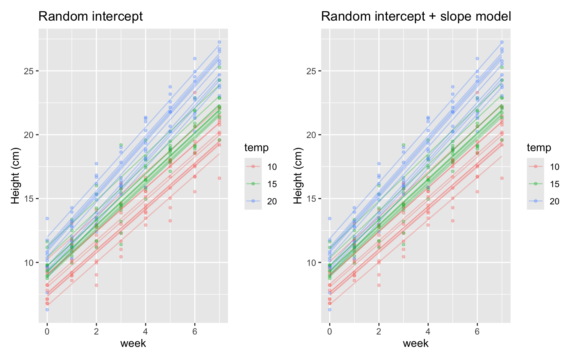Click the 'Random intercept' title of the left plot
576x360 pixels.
(90, 16)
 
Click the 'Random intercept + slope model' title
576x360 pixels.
(416, 16)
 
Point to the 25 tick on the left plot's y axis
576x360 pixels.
(29, 71)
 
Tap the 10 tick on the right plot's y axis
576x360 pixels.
(312, 262)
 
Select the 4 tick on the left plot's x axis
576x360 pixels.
(145, 331)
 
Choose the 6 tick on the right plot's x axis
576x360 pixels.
(477, 331)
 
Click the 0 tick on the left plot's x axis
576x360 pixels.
(47, 331)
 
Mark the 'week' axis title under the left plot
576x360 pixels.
(133, 343)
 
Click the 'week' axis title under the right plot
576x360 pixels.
(415, 343)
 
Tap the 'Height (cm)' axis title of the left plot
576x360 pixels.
(15, 175)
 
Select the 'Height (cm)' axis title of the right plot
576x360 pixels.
(297, 175)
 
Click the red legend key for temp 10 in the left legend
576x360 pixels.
(253, 166)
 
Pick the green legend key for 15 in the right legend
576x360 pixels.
(535, 184)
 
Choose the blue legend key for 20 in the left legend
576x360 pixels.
(253, 201)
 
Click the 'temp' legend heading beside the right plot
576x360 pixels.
(539, 148)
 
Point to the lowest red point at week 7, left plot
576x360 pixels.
(219, 178)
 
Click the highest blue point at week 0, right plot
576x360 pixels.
(330, 218)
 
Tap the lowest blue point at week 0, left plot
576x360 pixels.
(47, 309)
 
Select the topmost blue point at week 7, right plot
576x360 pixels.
(502, 42)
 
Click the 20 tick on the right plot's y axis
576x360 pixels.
(312, 135)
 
